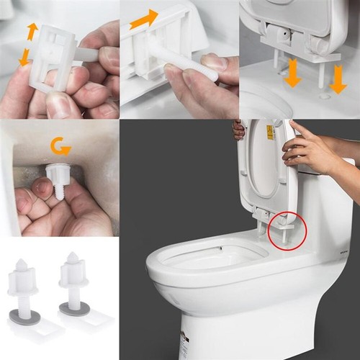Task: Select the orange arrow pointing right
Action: point(144,19)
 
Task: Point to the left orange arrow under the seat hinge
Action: point(292,74)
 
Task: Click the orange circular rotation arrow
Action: point(59,148)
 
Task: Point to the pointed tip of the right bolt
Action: point(72,256)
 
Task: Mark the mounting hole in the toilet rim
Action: point(325,94)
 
